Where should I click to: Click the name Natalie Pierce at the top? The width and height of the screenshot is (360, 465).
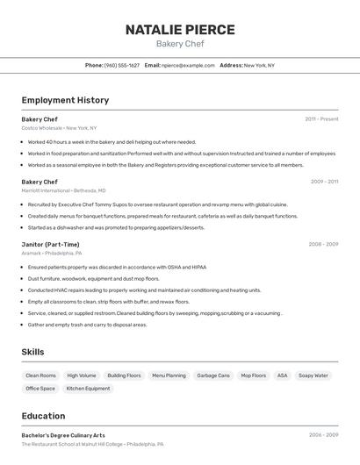(180, 30)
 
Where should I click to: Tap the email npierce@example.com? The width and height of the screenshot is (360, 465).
(188, 65)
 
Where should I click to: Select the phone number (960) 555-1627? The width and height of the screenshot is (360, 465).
(122, 65)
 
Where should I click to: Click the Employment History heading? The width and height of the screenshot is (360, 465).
(65, 100)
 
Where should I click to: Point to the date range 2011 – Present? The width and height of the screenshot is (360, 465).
(321, 119)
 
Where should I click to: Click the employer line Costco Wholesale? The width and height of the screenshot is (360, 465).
(59, 128)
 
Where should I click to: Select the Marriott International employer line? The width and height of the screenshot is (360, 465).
(63, 190)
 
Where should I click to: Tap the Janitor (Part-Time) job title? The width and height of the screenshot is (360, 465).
(50, 245)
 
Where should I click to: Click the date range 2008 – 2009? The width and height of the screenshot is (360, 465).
(323, 245)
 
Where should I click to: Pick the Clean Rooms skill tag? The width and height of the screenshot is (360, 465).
(40, 376)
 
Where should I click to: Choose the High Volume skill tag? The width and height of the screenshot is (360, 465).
(82, 376)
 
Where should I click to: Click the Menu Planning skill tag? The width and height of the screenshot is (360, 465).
(169, 376)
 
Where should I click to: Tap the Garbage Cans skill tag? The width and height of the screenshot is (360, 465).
(213, 376)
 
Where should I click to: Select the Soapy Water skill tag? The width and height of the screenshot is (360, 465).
(313, 376)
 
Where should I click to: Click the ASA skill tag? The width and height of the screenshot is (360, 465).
(282, 376)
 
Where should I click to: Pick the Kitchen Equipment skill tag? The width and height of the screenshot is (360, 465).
(88, 389)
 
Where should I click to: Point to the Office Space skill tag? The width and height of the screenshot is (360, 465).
(40, 389)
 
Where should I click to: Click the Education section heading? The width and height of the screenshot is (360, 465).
(43, 416)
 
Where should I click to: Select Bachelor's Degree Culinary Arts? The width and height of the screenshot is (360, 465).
(63, 435)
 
